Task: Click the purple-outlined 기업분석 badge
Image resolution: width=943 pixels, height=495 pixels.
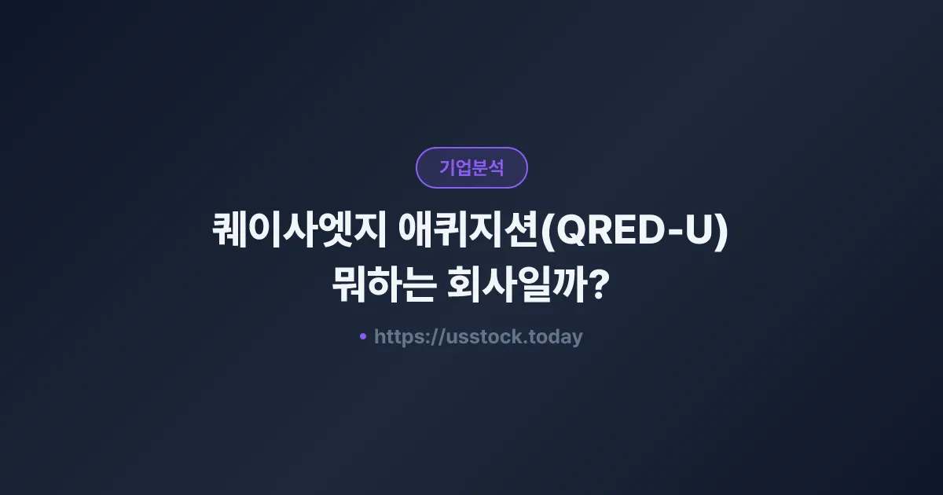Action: (472, 167)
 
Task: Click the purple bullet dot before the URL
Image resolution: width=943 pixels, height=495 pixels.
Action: (363, 336)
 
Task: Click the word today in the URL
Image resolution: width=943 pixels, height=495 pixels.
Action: (556, 337)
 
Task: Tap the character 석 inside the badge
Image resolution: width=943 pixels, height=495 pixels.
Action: (495, 167)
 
